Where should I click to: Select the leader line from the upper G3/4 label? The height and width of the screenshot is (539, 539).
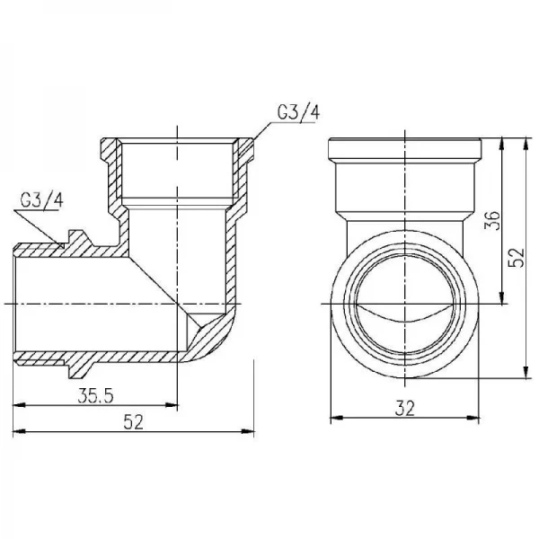258,130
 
